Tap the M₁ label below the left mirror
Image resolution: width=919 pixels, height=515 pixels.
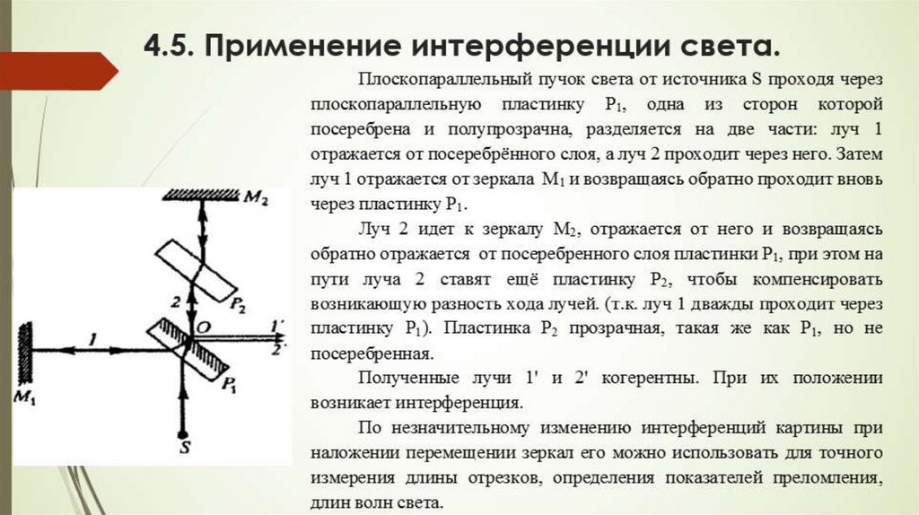23,397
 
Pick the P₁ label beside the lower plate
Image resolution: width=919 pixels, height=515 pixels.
229,387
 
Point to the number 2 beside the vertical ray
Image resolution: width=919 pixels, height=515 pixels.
176,300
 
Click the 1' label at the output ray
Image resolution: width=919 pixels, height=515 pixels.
279,321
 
